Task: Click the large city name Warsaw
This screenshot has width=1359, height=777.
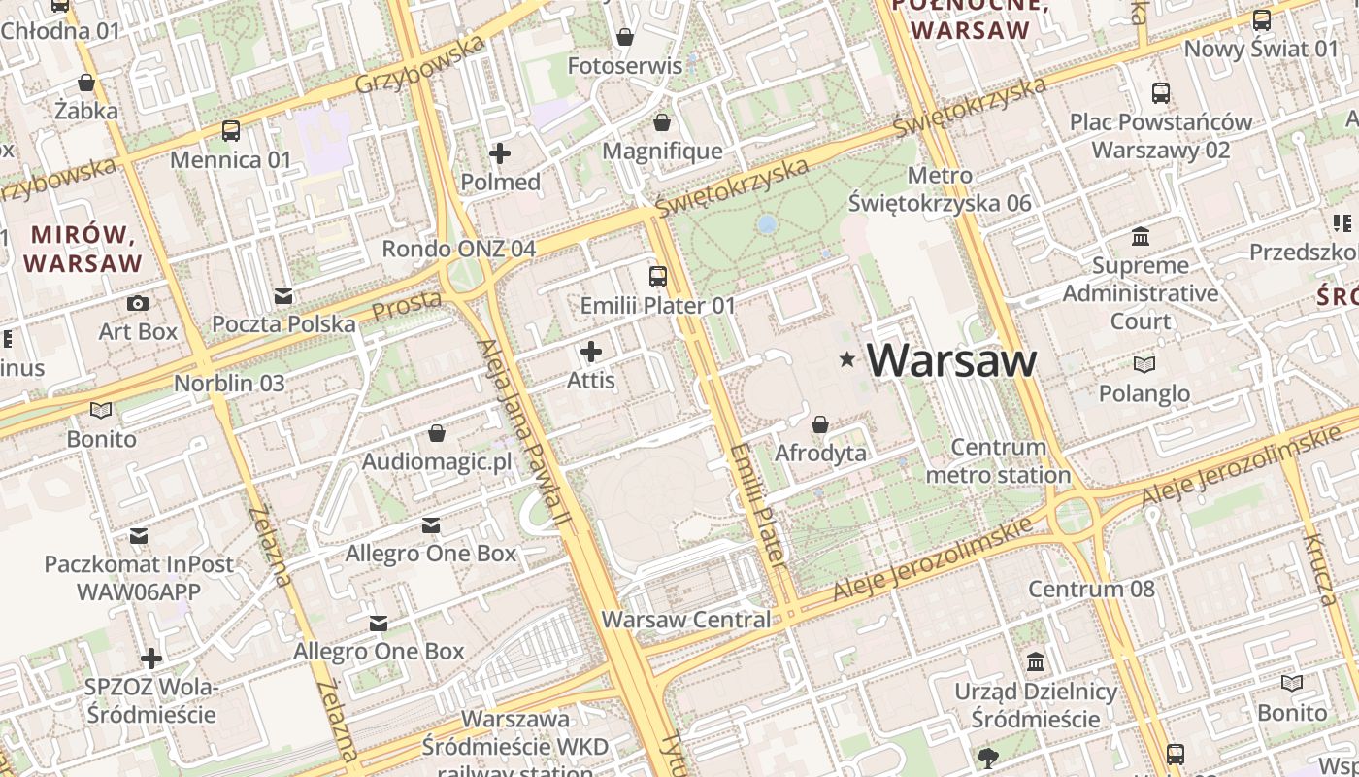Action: (951, 360)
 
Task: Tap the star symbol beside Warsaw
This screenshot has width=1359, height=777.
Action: (847, 360)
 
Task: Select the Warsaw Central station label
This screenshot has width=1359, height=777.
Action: (686, 620)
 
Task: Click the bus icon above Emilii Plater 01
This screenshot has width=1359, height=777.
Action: (658, 277)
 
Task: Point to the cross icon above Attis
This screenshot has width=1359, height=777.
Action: (590, 352)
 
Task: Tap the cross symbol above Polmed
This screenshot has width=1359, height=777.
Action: (500, 153)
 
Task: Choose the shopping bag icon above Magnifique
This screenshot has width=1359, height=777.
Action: (662, 123)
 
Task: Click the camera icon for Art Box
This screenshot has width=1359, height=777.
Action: (138, 303)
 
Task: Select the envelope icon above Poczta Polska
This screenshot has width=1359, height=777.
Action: (283, 295)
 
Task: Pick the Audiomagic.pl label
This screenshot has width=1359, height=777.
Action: (437, 461)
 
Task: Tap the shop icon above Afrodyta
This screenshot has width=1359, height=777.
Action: (820, 424)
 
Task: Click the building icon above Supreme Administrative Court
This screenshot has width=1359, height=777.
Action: (1141, 237)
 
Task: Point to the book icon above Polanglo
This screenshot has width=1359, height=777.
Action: (1144, 365)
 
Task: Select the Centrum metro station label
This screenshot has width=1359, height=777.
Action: (998, 461)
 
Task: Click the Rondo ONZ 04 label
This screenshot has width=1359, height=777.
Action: (458, 249)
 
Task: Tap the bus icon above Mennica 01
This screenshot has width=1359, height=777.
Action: (231, 131)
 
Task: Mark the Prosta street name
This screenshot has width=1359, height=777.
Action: (407, 306)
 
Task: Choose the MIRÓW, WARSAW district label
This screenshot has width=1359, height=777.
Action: (83, 249)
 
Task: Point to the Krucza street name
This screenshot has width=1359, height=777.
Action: (1320, 569)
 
